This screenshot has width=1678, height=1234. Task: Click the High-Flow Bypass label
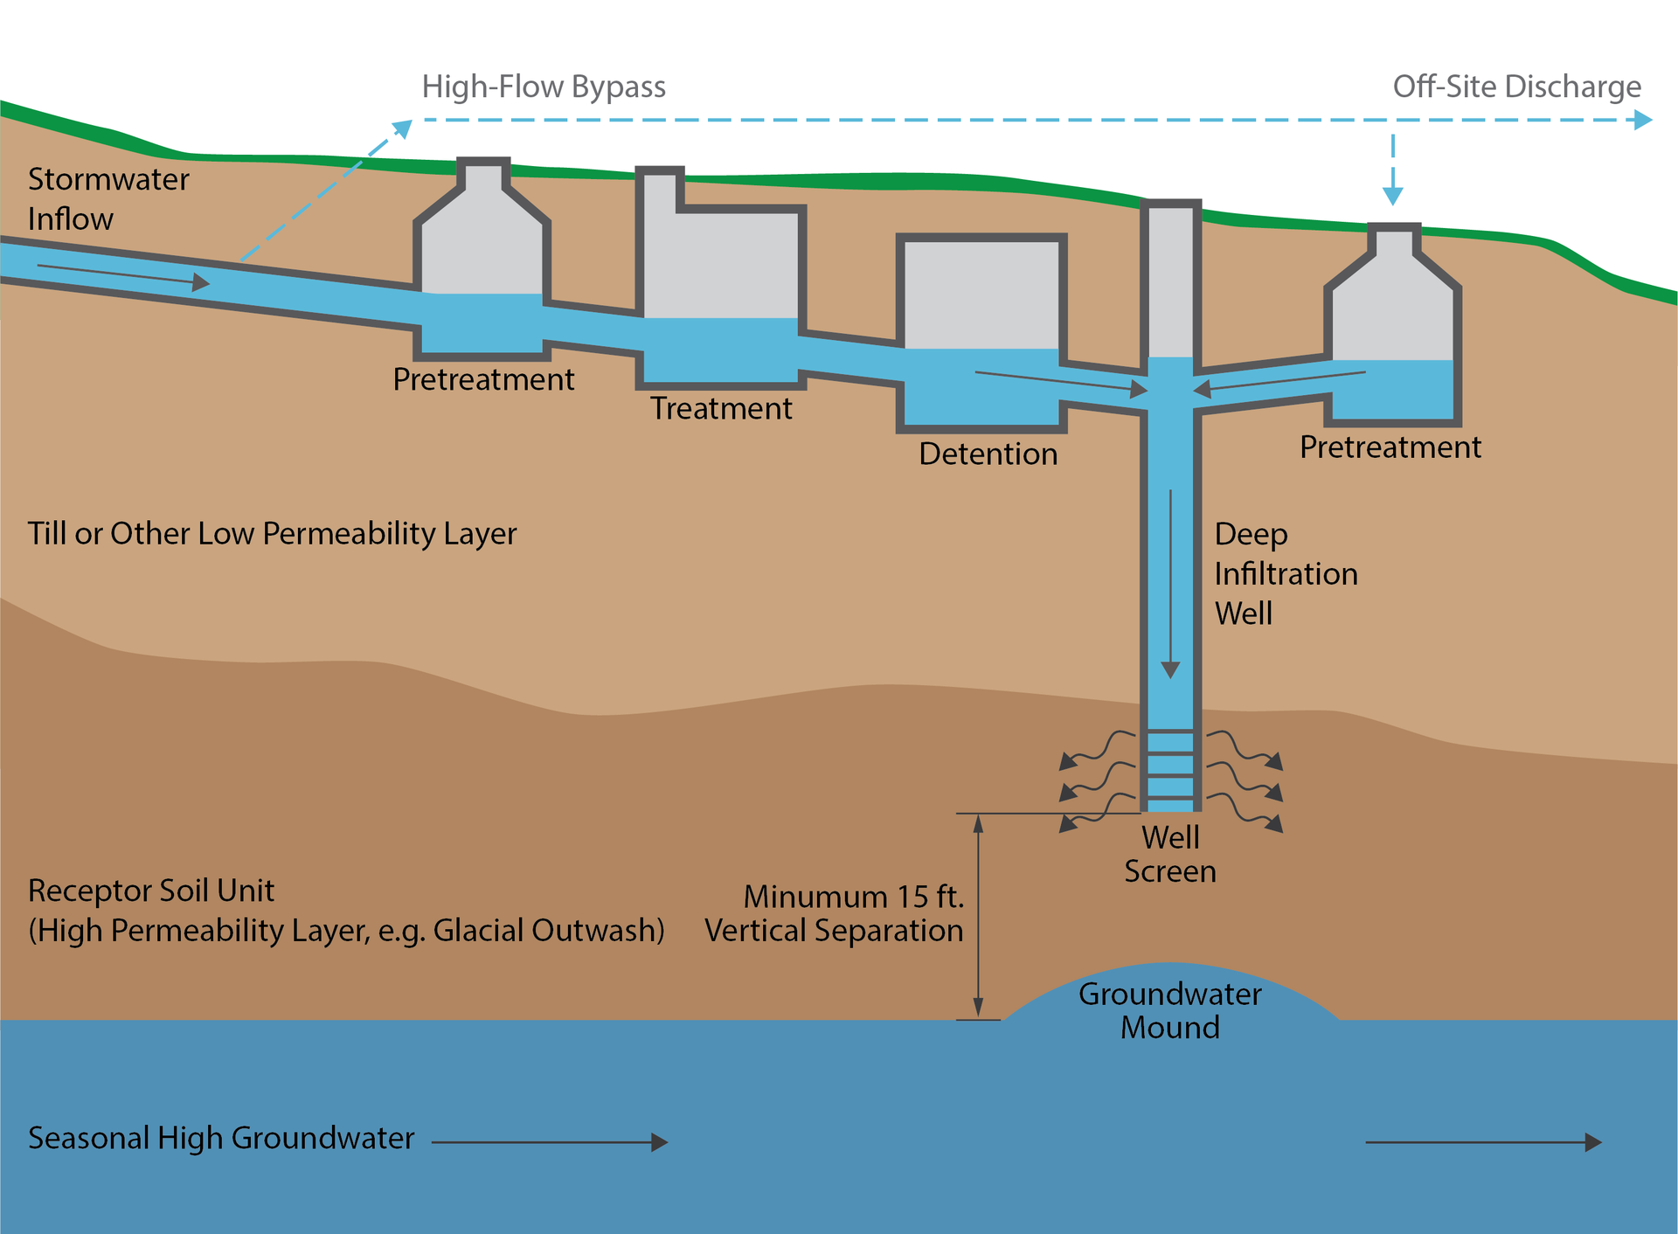[x=543, y=87]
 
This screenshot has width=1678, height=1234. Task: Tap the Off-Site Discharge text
[x=1516, y=87]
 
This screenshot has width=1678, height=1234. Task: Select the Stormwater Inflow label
[x=107, y=198]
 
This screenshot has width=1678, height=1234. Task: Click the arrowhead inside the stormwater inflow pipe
[x=201, y=282]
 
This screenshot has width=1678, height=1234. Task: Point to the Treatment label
[x=721, y=409]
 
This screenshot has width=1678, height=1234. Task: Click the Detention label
[x=988, y=454]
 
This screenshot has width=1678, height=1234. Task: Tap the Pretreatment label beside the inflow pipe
[x=483, y=380]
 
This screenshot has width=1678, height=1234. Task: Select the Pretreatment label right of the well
[x=1390, y=447]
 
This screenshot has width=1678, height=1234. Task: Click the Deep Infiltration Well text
[x=1285, y=574]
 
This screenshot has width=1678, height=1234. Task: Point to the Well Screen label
[x=1169, y=855]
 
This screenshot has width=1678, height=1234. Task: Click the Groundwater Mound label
[x=1169, y=1011]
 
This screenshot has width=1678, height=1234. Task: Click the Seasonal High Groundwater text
[x=221, y=1139]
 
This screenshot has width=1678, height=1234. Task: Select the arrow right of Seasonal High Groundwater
[x=551, y=1142]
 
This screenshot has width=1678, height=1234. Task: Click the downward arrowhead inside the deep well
[x=1170, y=670]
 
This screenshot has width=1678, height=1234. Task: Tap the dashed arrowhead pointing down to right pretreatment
[x=1393, y=196]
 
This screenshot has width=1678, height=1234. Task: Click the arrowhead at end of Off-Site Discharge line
[x=1643, y=120]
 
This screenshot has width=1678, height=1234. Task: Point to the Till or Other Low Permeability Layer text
[x=272, y=534]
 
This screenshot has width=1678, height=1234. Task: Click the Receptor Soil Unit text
[x=151, y=891]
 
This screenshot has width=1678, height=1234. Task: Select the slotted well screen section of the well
[x=1170, y=766]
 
